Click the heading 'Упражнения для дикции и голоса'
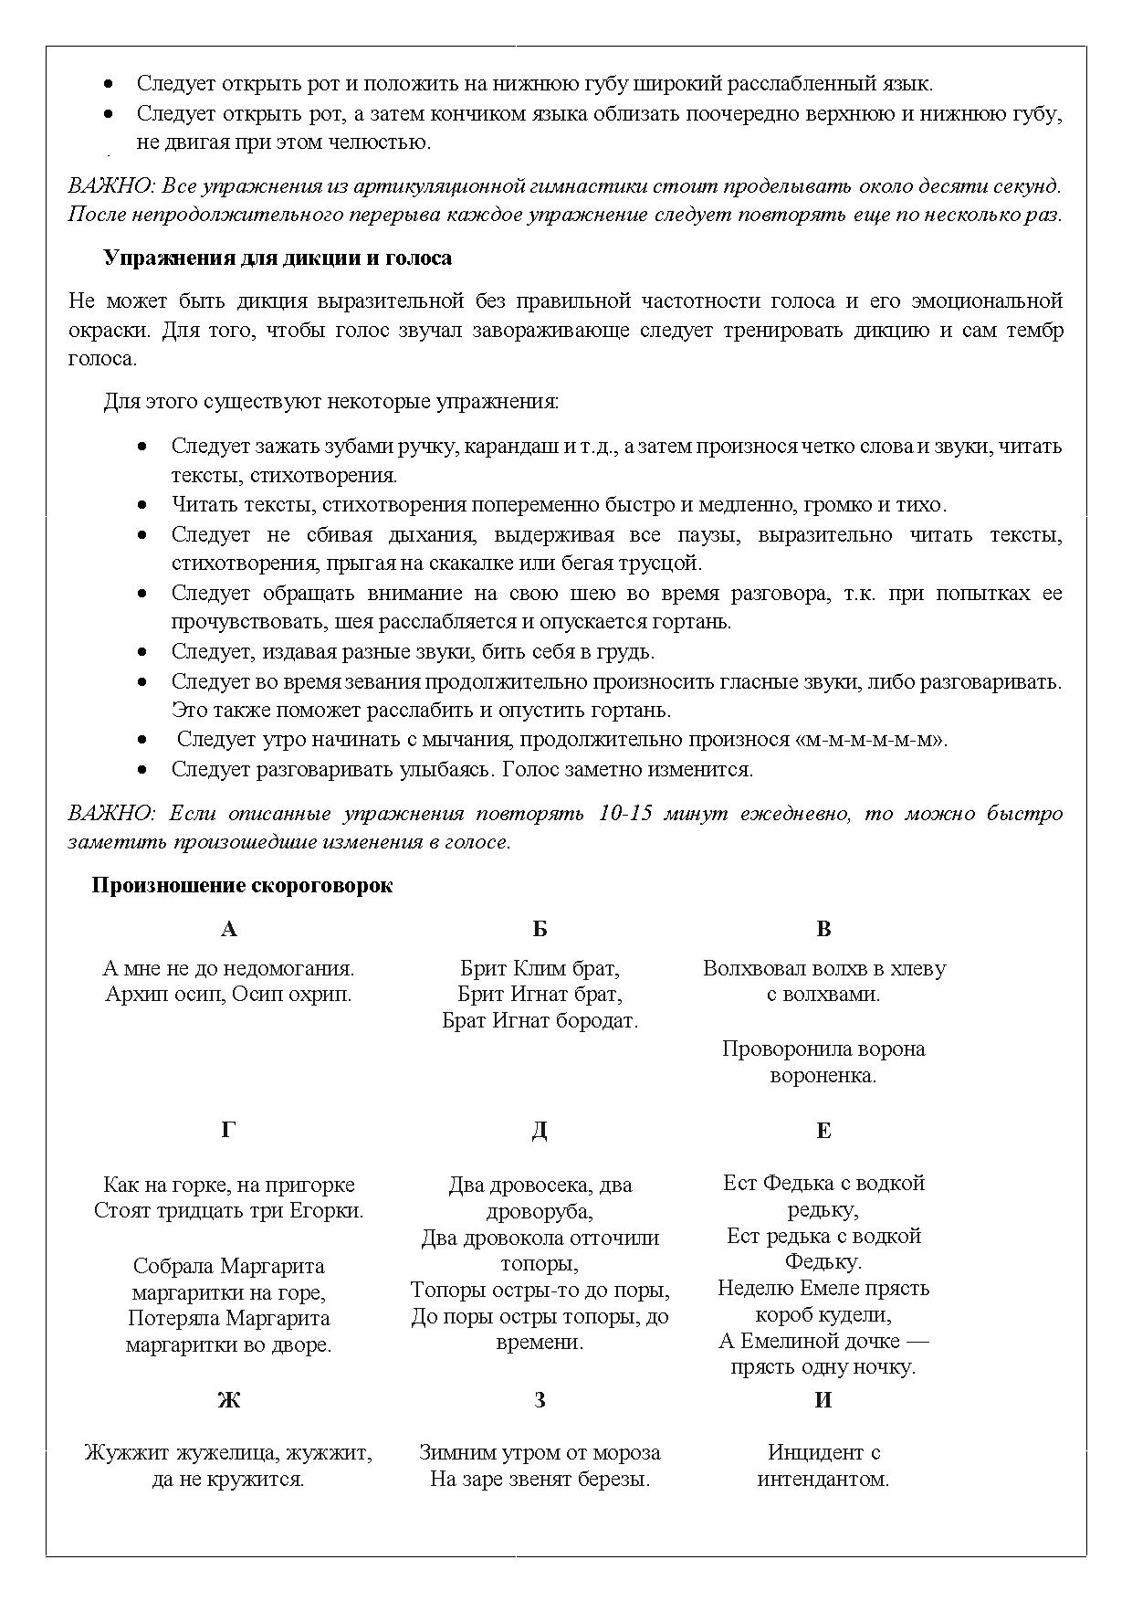coord(278,258)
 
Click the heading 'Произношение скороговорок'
coord(242,886)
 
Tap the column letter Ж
coord(228,1400)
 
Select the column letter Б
coord(540,929)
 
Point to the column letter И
coord(823,1400)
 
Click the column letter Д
coord(540,1131)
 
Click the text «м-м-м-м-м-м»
coord(873,740)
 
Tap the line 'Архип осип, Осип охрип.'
coord(228,995)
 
